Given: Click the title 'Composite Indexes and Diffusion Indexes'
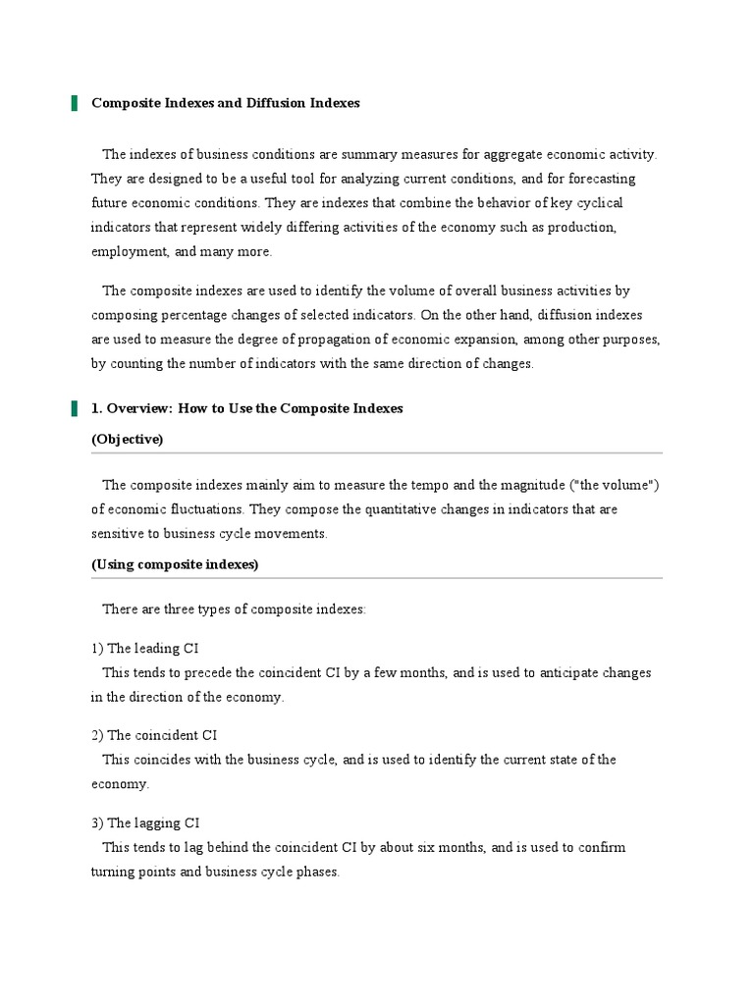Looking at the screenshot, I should pos(226,103).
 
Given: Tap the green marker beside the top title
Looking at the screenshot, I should pos(74,103).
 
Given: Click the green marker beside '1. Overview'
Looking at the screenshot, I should pos(74,408).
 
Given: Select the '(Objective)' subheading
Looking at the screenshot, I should pos(128,439).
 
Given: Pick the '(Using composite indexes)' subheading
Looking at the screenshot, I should pos(176,564).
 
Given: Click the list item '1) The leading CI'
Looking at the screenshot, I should pos(146,648).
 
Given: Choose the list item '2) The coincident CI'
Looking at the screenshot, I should pos(154,735).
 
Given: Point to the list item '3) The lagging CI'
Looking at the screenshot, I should pos(146,822).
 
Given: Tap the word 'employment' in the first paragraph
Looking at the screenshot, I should pos(129,251).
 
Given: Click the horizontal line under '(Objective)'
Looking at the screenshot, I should pos(377,453).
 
